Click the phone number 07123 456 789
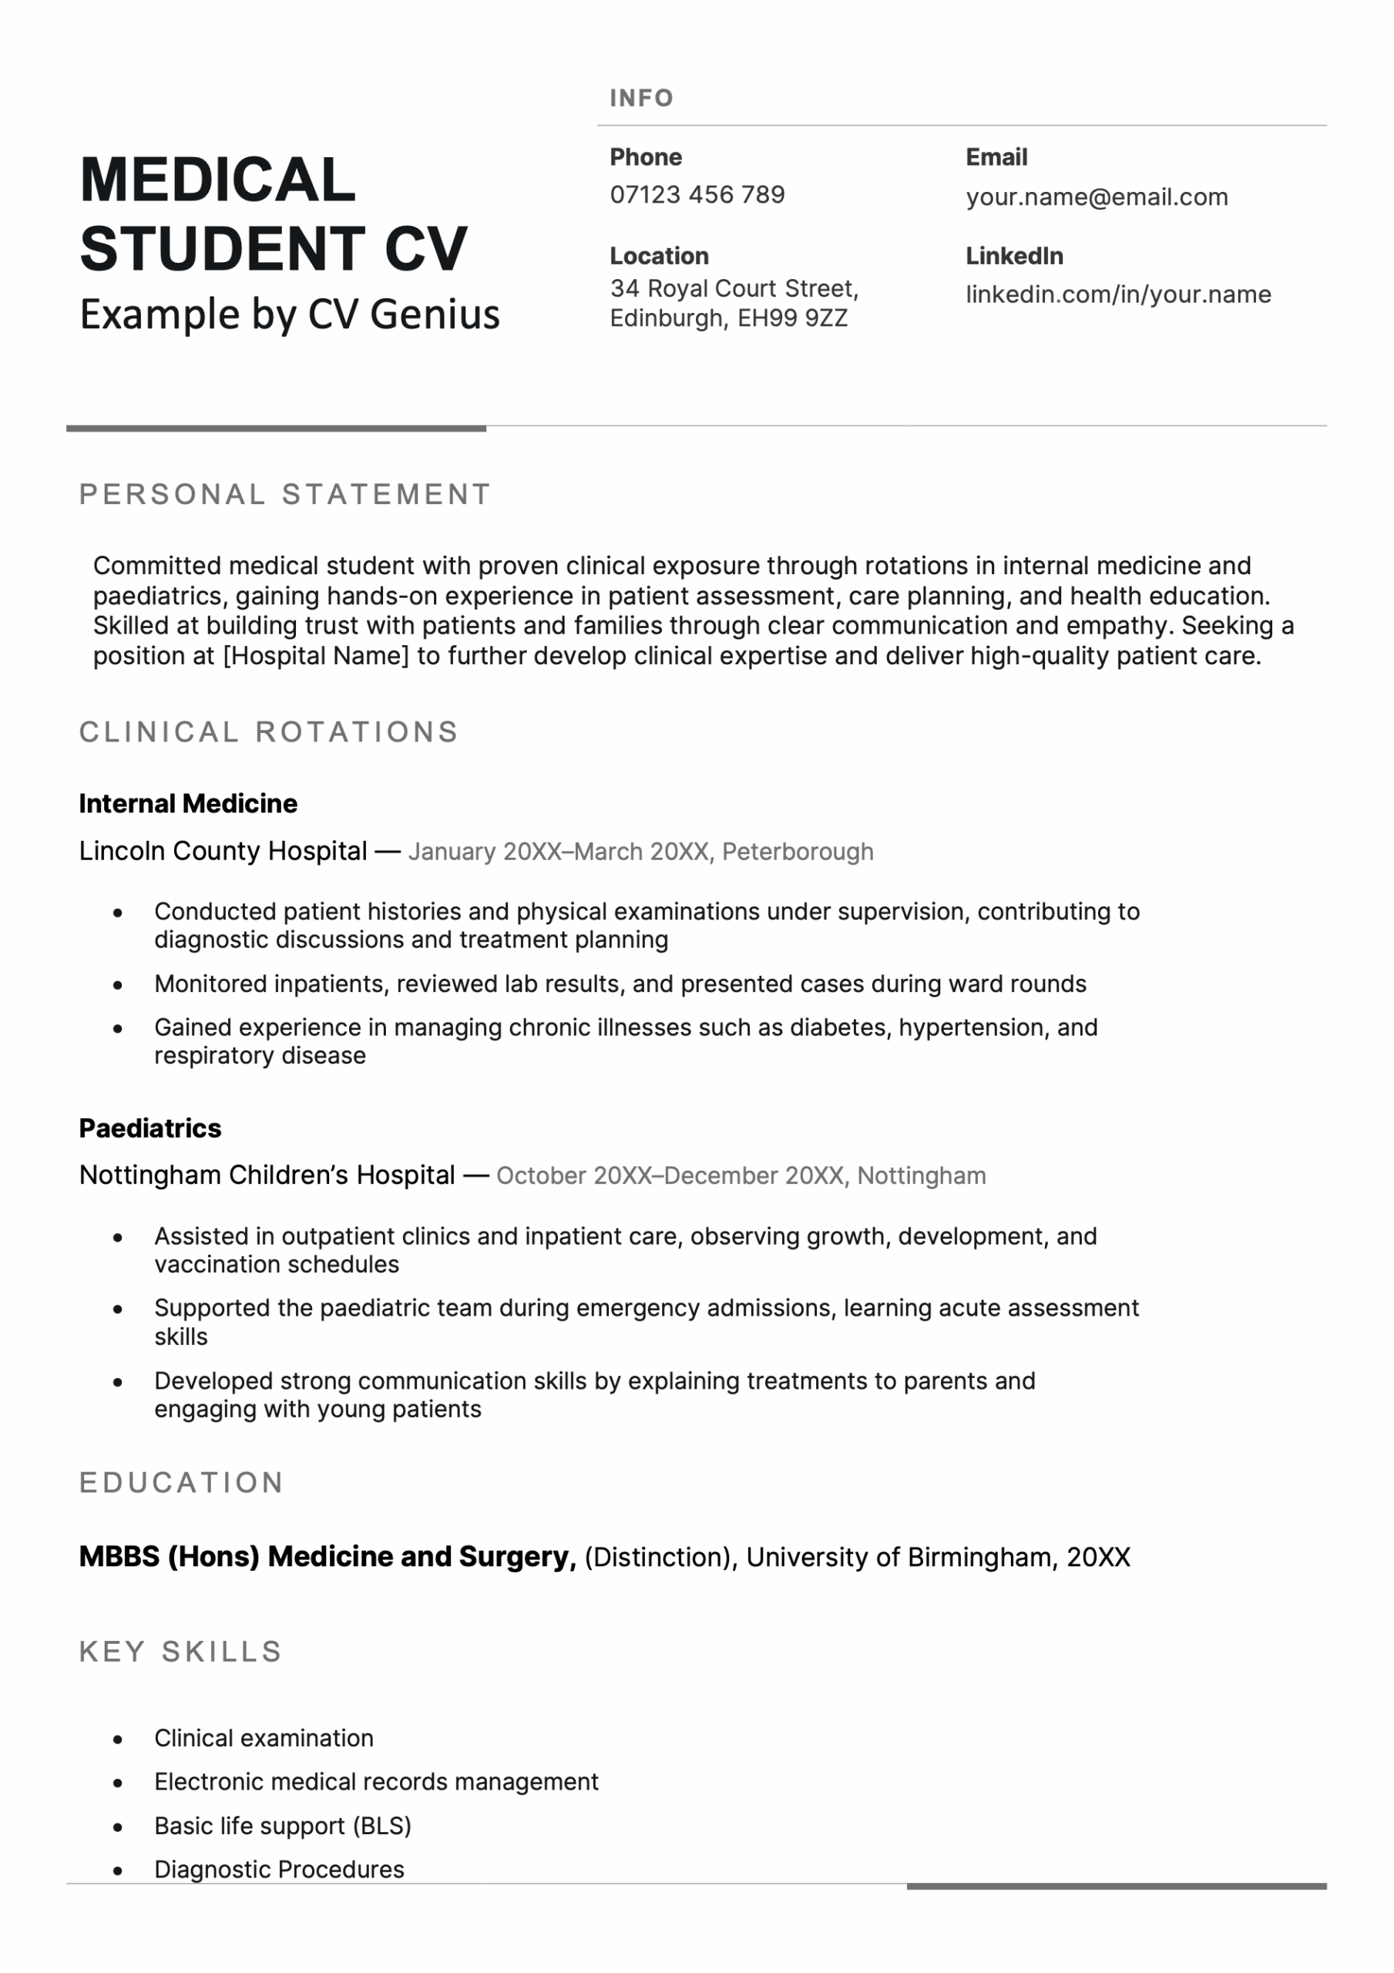point(697,195)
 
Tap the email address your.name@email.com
point(1097,197)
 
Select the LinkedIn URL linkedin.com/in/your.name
point(1118,294)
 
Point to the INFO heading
point(641,98)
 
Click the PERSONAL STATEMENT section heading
point(284,494)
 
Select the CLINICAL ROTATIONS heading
point(269,732)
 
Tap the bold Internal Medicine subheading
point(188,804)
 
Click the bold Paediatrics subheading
point(150,1128)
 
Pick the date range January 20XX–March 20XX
point(559,852)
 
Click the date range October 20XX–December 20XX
point(670,1175)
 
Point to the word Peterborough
point(798,852)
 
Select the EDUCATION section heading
point(181,1482)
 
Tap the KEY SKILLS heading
point(180,1652)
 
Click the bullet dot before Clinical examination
point(118,1739)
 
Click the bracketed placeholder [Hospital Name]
point(315,656)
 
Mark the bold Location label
point(659,256)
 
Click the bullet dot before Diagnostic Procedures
point(118,1870)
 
